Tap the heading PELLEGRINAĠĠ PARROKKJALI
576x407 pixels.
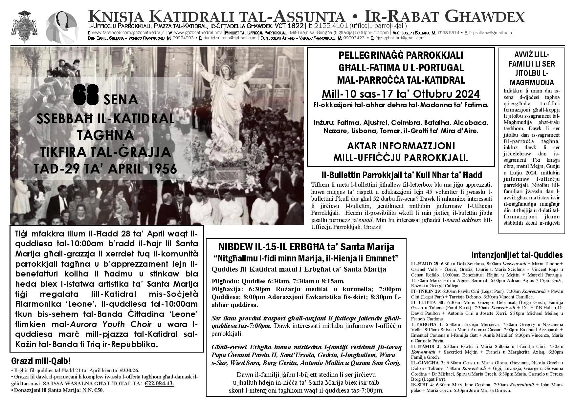tap(401, 55)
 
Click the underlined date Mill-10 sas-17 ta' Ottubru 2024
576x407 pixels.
tap(401, 94)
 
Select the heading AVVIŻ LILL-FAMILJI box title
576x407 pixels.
tap(532, 68)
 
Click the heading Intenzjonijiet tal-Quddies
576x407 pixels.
tap(517, 255)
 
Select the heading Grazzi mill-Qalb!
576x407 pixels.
tap(41, 361)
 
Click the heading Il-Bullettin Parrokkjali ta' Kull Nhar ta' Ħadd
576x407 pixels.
tap(401, 175)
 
